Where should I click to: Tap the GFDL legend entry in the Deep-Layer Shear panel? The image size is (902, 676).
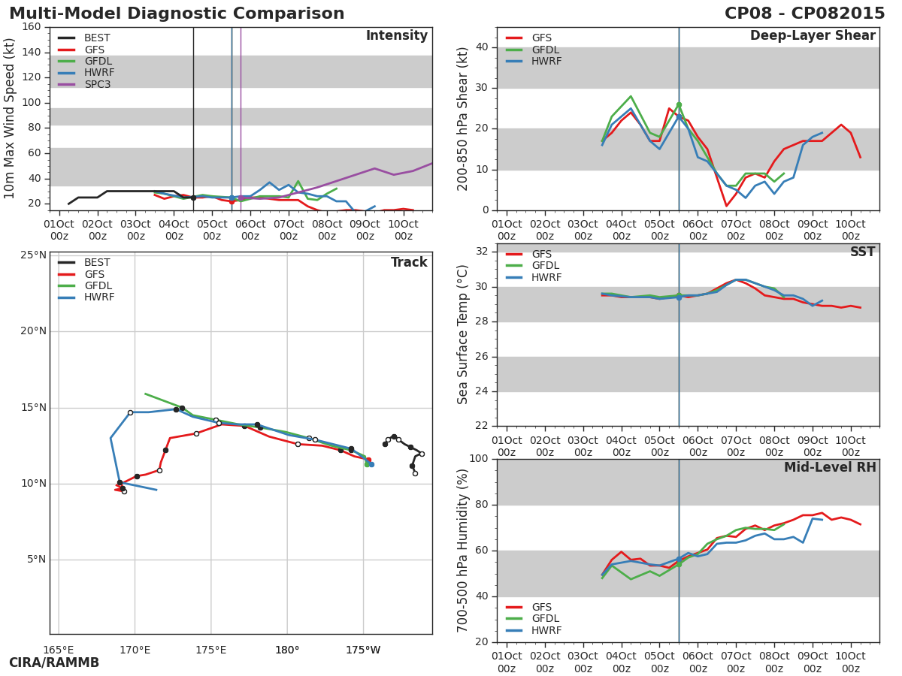click(533, 50)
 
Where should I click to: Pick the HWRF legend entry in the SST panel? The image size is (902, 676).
click(534, 278)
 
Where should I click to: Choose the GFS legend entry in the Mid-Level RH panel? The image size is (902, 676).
click(529, 608)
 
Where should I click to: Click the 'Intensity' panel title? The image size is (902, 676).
click(397, 36)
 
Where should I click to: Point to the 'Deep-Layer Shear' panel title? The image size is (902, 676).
click(813, 36)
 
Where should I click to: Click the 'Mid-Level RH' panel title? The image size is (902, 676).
click(830, 467)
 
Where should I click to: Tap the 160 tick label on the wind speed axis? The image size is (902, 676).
click(32, 27)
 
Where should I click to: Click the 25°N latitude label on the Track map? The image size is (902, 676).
click(33, 255)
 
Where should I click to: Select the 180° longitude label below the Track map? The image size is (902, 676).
click(287, 650)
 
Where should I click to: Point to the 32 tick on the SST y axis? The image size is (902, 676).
click(482, 252)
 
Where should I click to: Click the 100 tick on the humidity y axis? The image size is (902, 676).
click(479, 459)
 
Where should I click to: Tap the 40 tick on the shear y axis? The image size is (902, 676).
click(482, 47)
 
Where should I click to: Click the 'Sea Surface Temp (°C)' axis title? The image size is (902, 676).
click(462, 334)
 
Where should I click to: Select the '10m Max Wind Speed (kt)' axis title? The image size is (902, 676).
click(8, 119)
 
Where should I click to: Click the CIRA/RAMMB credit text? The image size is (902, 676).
click(54, 663)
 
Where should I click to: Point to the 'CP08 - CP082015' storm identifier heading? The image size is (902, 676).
click(804, 13)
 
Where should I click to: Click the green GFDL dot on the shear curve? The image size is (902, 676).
click(679, 105)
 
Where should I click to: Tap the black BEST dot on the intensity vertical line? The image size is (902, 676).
click(193, 198)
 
